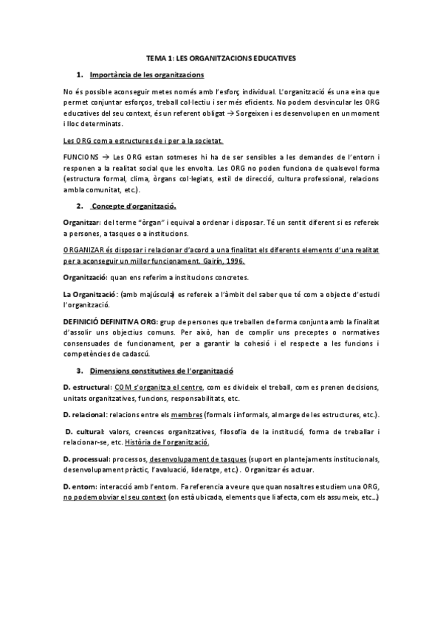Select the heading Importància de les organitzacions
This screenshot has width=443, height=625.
point(146,74)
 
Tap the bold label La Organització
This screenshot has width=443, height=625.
point(92,293)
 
